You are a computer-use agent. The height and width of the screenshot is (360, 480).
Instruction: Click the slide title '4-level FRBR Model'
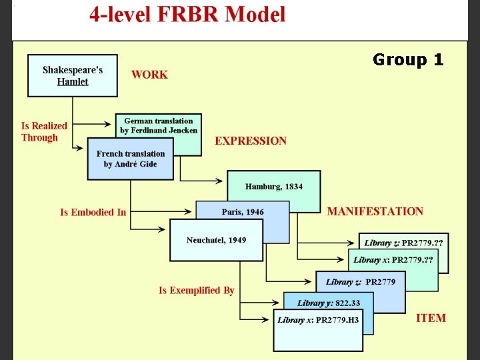[x=187, y=14]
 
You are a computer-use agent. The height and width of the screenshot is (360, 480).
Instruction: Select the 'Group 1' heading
[x=408, y=59]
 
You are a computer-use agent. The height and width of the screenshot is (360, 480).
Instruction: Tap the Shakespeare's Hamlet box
[x=73, y=75]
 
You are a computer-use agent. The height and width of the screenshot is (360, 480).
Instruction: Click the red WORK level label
[x=149, y=75]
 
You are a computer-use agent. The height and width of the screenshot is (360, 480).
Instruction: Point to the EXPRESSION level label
[x=251, y=141]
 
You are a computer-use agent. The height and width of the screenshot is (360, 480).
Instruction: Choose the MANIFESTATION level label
[x=375, y=211]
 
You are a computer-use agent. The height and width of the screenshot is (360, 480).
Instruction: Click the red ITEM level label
[x=431, y=318]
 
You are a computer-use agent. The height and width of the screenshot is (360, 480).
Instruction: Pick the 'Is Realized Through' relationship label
[x=44, y=131]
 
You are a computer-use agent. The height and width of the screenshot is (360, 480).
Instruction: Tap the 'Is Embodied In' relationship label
[x=93, y=212]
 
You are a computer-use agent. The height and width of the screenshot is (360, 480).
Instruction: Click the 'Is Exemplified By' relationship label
[x=197, y=290]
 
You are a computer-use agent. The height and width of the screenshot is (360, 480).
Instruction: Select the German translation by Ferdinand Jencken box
[x=159, y=126]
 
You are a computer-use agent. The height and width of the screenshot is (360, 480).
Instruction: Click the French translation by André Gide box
[x=131, y=159]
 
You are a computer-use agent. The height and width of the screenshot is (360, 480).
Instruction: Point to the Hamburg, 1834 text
[x=274, y=187]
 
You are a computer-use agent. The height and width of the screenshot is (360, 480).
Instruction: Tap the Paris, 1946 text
[x=243, y=212]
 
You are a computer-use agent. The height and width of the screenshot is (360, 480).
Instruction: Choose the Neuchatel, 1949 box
[x=216, y=240]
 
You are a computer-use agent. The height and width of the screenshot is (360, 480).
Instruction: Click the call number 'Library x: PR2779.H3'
[x=318, y=320]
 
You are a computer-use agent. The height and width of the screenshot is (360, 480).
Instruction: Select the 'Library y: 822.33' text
[x=329, y=303]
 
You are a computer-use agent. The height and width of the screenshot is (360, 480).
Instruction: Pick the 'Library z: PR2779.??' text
[x=403, y=243]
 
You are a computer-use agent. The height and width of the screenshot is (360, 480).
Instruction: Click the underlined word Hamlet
[x=73, y=82]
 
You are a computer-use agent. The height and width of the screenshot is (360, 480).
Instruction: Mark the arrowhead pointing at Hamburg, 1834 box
[x=219, y=181]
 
